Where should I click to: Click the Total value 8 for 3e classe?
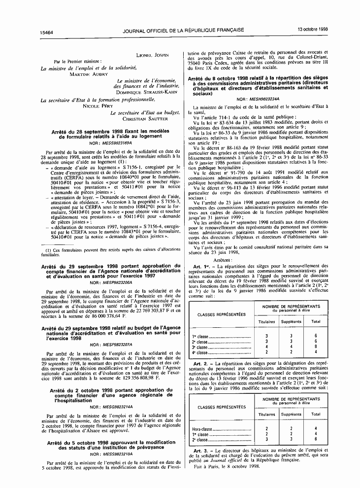click(315, 347)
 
